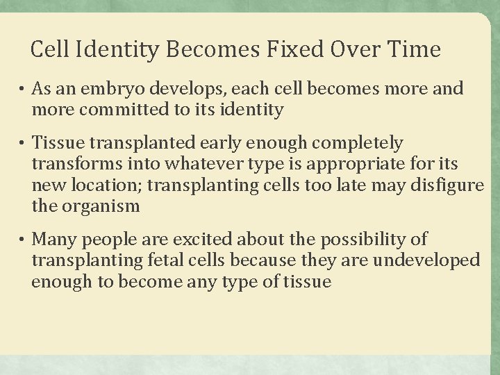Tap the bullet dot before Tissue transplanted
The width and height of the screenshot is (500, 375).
pyautogui.click(x=23, y=144)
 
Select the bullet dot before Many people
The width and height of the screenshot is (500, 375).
pyautogui.click(x=23, y=240)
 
